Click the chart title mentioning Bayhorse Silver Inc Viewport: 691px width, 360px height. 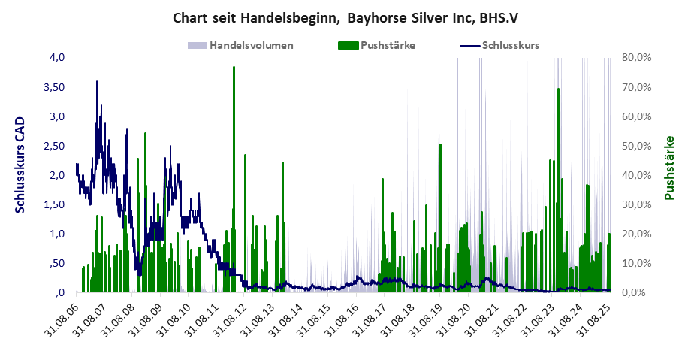(x=345, y=16)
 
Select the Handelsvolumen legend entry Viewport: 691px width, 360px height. (x=251, y=45)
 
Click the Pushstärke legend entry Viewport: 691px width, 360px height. (x=388, y=45)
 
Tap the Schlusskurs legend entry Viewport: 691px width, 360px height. (x=510, y=45)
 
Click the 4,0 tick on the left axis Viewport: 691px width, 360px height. (x=58, y=58)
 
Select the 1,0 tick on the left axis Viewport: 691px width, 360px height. (x=58, y=234)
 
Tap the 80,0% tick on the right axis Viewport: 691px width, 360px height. (x=636, y=58)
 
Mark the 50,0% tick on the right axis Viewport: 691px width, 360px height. (x=636, y=146)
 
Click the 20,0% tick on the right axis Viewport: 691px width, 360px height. (x=636, y=234)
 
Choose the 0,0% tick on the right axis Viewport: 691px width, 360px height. (x=638, y=292)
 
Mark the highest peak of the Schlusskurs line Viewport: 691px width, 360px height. (x=97, y=82)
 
